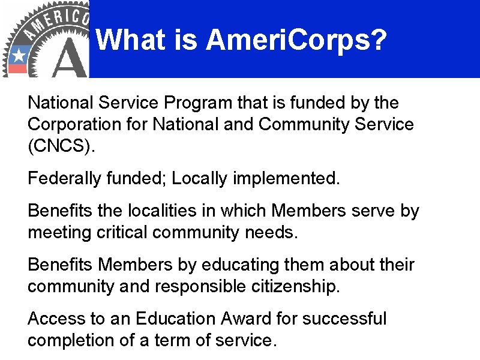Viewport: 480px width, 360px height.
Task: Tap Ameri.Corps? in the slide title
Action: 296,41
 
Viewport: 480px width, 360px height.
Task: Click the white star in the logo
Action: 18,56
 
